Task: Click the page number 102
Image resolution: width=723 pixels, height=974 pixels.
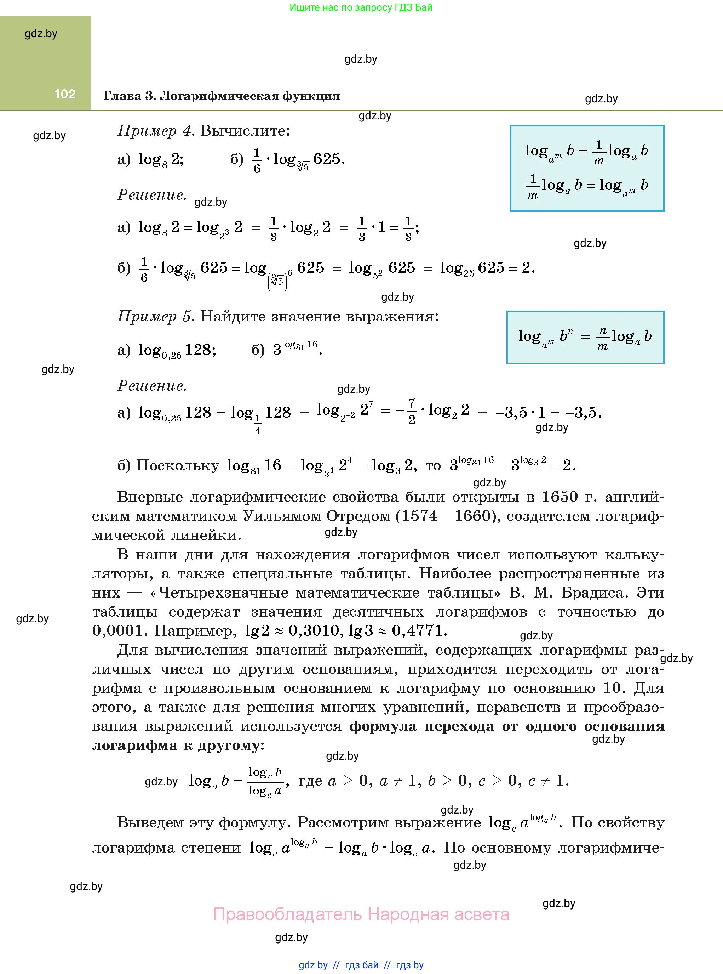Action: tap(65, 94)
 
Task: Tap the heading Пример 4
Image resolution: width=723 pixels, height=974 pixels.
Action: tap(155, 130)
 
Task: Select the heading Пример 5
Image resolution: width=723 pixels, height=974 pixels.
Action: tap(155, 316)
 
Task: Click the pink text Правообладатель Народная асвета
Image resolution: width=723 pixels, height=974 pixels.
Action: tap(361, 914)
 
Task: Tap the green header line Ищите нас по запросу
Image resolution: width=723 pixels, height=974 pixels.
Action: tap(361, 7)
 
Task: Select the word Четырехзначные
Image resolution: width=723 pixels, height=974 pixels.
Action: tap(223, 593)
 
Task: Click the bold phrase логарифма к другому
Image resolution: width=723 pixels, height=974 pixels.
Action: tap(178, 746)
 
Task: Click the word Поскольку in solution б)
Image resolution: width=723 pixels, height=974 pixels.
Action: tap(178, 465)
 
